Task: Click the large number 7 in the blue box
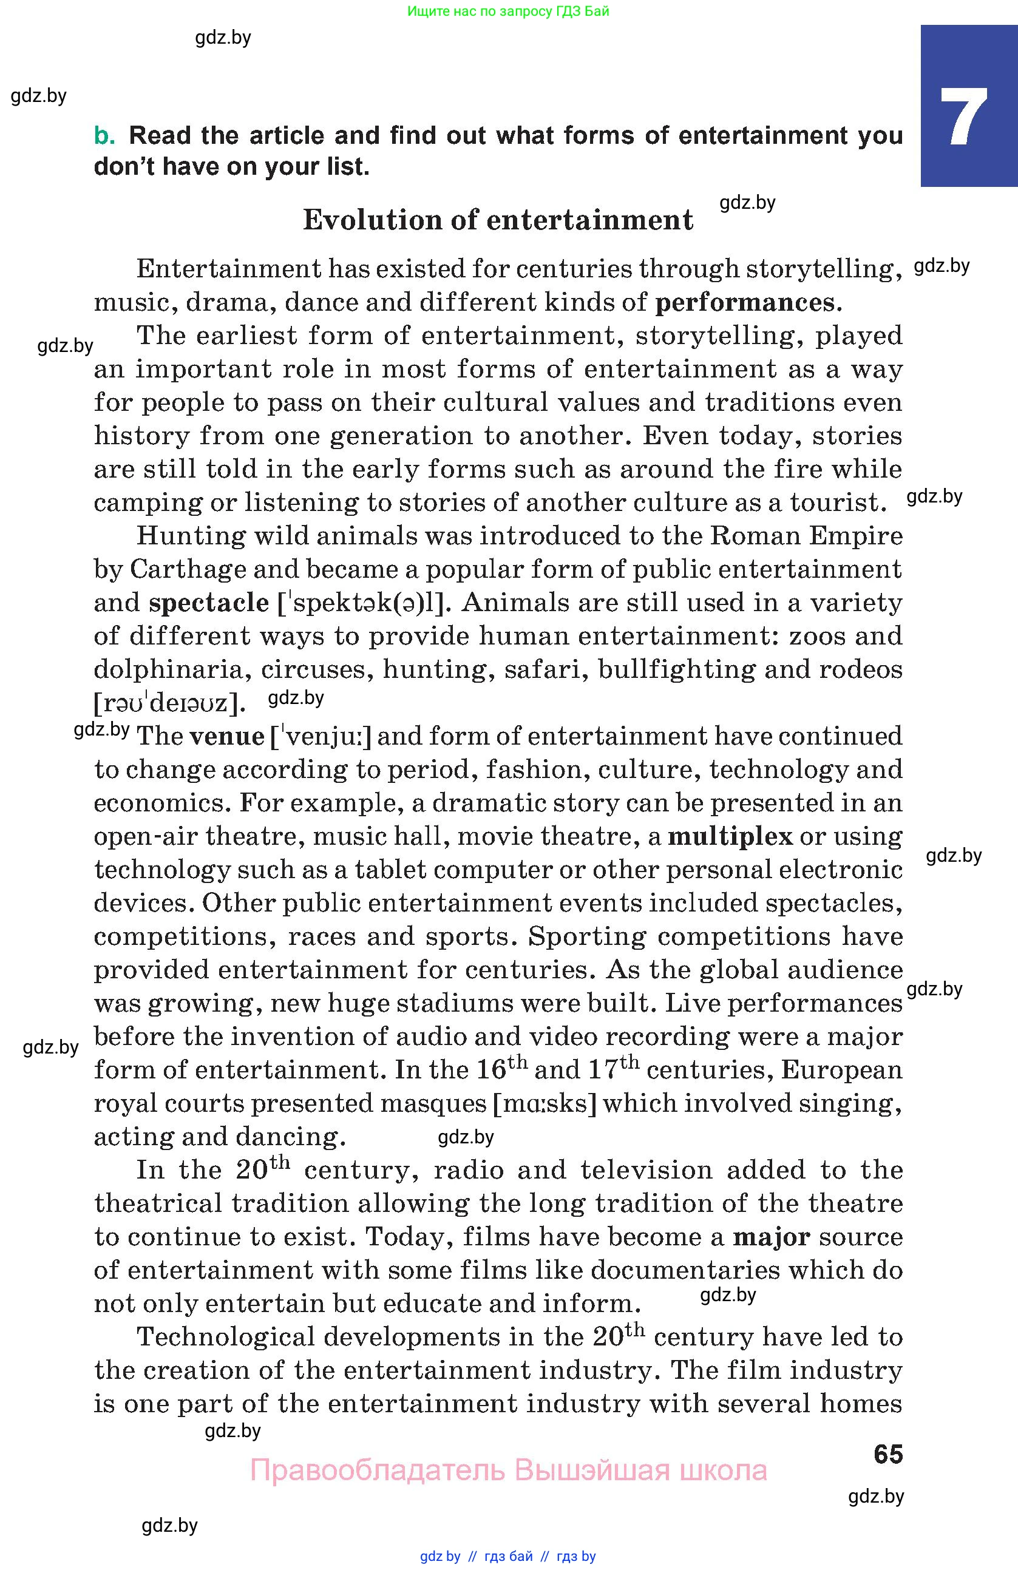964,117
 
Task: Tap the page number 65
887,1454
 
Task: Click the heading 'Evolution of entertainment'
498,220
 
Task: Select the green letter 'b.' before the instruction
104,135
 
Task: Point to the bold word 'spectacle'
208,602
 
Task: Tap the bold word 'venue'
226,736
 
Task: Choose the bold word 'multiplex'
730,836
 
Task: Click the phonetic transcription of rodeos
170,703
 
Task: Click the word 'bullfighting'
676,669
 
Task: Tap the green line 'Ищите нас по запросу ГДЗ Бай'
508,11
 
